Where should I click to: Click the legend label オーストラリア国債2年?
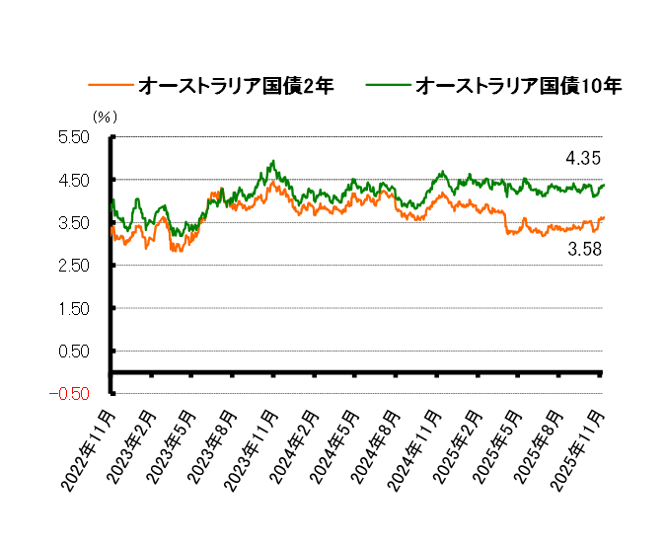coord(236,87)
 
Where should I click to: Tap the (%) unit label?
coord(105,117)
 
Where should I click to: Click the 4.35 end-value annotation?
coord(583,158)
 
